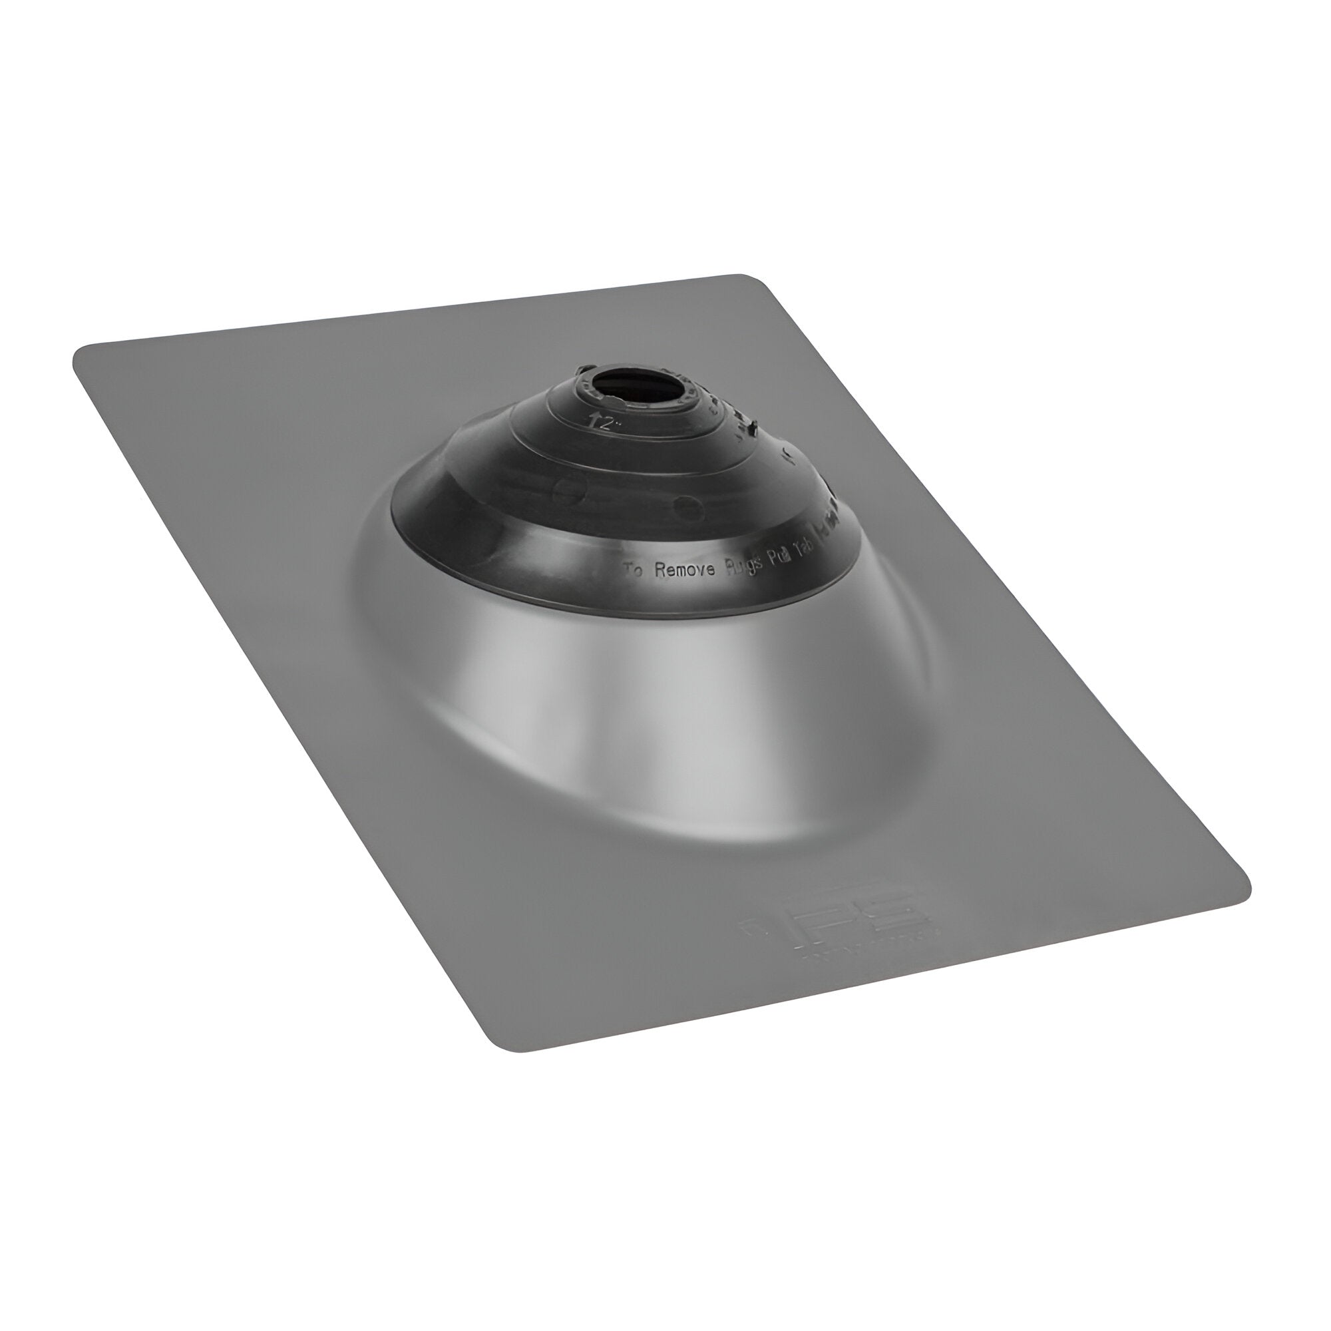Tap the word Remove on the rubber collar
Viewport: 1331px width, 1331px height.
(685, 570)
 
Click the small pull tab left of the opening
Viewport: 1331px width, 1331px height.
(585, 370)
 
